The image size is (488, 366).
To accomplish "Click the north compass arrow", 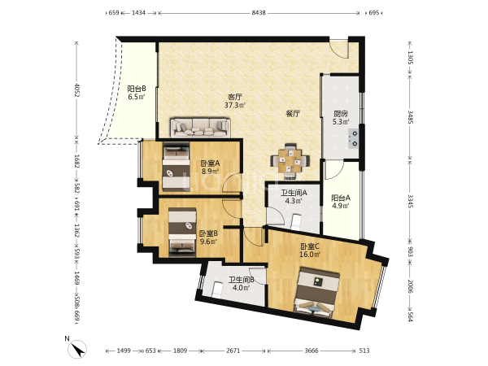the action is pos(77,349).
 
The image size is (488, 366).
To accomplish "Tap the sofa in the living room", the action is pos(200,128).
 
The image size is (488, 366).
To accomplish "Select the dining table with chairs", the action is pos(290,161).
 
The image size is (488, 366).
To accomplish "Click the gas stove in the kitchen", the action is pos(354,138).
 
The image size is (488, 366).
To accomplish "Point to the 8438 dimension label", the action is pos(259,13).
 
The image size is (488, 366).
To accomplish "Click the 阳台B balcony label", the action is pos(137,89).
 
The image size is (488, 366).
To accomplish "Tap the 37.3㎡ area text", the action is pos(235,105).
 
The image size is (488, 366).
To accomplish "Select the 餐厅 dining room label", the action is pos(293,114).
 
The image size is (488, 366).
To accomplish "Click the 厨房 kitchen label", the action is pos(341,114).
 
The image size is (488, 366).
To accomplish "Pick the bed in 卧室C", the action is pos(317,292).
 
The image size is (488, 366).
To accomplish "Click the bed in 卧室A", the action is pos(176,167).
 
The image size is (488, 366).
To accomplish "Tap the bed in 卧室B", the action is pos(182,233).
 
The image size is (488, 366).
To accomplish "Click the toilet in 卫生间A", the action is pos(296,222).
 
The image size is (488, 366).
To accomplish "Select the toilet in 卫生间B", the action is pos(217,290).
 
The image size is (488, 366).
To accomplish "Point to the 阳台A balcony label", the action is pos(341,198).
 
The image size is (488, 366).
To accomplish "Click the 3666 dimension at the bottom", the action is pos(312,351).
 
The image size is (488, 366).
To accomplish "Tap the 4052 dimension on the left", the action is pos(76,89).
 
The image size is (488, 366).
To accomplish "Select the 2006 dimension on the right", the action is pos(410,286).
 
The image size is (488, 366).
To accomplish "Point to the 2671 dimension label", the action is pos(233,351).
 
